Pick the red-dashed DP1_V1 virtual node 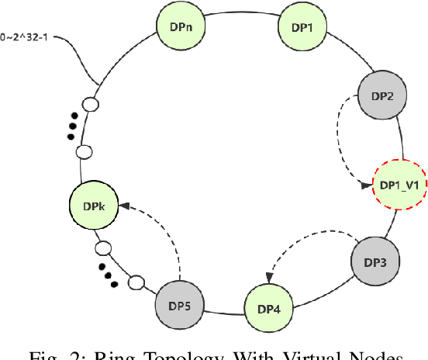(x=399, y=185)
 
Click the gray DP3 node (x=374, y=261)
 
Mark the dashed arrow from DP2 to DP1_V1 (x=343, y=144)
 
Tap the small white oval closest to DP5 (x=136, y=281)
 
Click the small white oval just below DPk (x=102, y=249)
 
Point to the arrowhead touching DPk (x=123, y=206)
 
